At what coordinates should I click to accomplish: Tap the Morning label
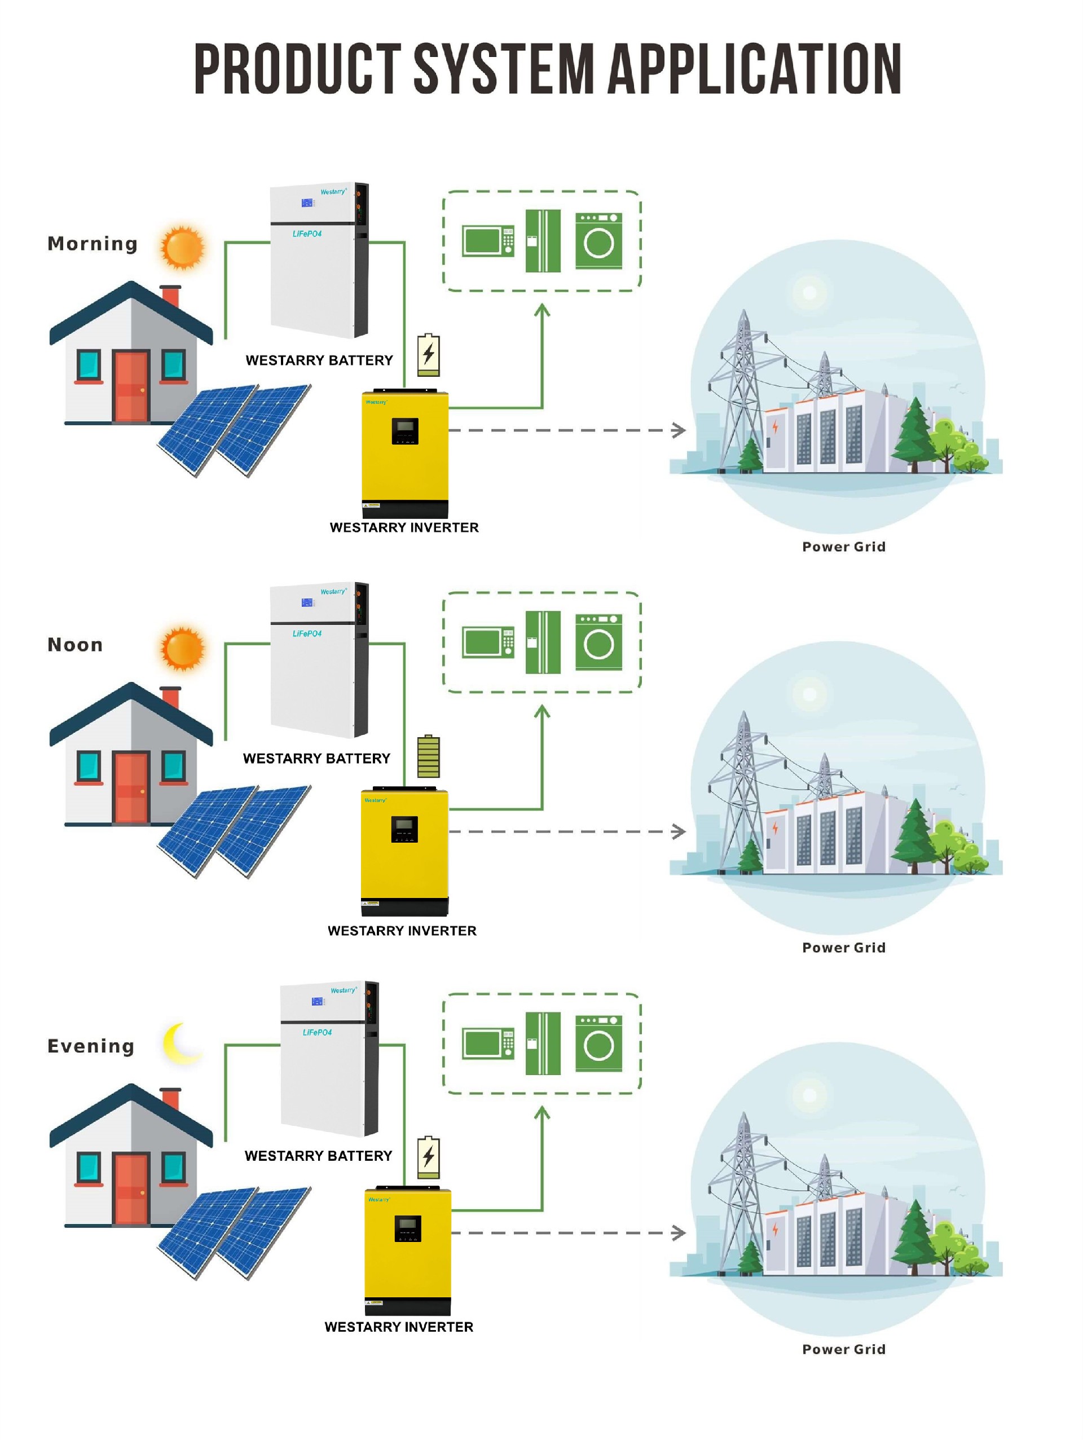[x=93, y=244]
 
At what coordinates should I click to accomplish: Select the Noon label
[x=75, y=645]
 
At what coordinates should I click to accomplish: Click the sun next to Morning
[x=183, y=248]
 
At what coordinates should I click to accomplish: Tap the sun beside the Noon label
[x=183, y=649]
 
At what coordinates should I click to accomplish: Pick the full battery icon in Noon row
[x=428, y=756]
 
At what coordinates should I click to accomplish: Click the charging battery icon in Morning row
[x=428, y=355]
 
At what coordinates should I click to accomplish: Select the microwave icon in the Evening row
[x=488, y=1043]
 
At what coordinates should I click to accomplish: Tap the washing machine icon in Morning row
[x=598, y=241]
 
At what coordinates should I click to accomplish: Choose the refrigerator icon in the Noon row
[x=543, y=642]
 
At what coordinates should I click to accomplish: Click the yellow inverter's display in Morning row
[x=404, y=430]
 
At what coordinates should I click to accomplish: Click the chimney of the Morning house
[x=170, y=296]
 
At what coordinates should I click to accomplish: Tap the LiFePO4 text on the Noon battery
[x=306, y=633]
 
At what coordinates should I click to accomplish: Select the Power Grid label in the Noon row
[x=843, y=948]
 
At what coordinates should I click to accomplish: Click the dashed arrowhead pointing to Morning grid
[x=679, y=430]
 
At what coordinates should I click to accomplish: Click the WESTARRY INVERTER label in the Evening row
[x=398, y=1327]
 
